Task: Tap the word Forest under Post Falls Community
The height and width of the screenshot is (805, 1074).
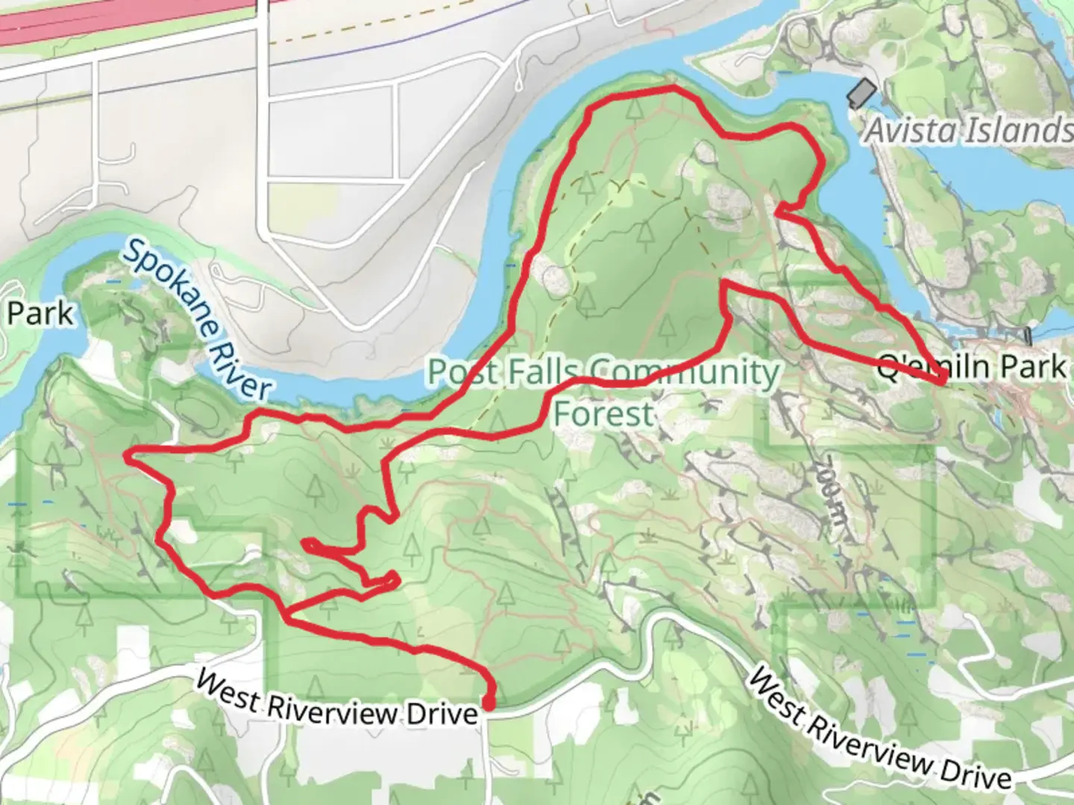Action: [x=603, y=414]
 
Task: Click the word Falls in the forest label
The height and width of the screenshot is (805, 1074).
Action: [x=539, y=370]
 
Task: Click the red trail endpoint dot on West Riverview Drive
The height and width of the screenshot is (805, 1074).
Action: [x=489, y=703]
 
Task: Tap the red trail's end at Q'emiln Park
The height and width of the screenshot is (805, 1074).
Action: [x=943, y=381]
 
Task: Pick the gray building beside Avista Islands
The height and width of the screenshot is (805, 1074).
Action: [x=861, y=94]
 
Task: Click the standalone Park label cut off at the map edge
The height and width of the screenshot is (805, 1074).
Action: [x=40, y=314]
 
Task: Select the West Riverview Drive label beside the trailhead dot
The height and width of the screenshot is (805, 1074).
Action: [x=336, y=701]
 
